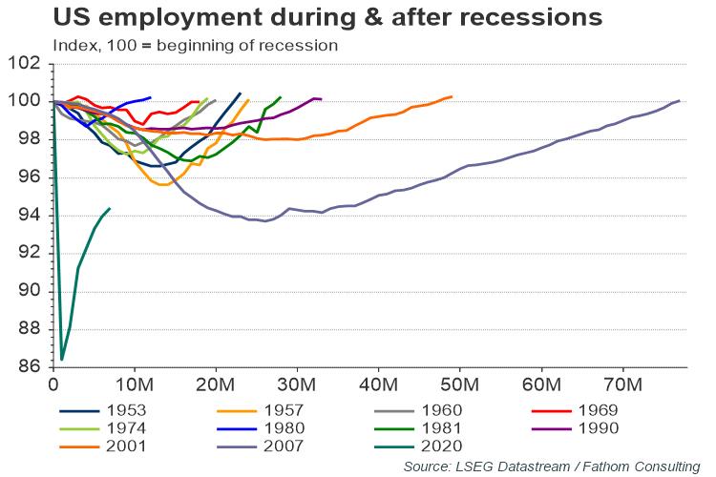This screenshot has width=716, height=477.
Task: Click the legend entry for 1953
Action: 127,411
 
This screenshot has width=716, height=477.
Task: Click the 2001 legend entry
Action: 127,446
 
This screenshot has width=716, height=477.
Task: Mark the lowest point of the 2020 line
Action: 62,360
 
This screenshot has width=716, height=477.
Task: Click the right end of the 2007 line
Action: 679,100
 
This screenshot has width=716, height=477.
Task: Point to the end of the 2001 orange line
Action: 452,96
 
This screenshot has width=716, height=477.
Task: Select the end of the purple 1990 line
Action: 322,99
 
